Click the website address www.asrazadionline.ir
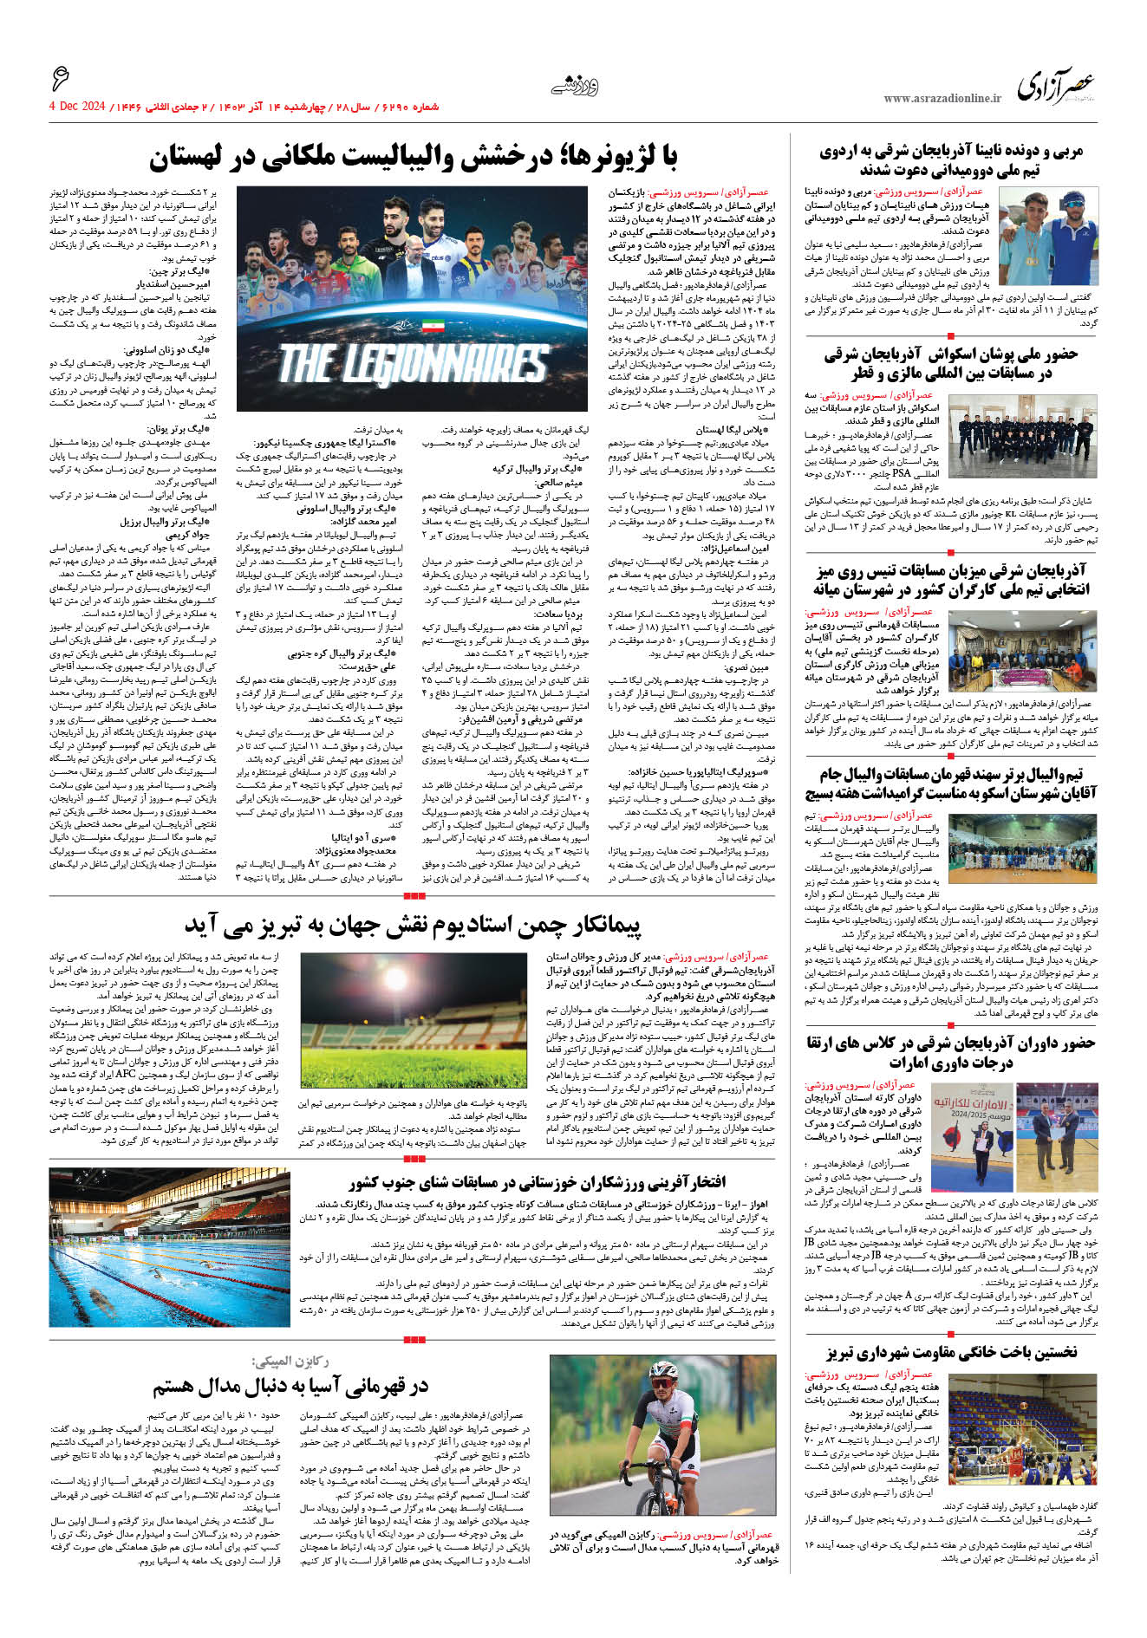tap(942, 99)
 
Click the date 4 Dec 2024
tap(77, 107)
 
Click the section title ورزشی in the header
tap(575, 86)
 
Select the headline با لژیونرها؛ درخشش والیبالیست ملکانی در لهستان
tap(414, 158)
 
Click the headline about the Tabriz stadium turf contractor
tap(413, 926)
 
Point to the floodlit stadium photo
tap(413, 1020)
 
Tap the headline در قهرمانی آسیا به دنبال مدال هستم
tap(290, 1387)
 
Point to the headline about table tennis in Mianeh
tap(951, 580)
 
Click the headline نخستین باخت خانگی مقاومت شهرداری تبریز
tap(951, 1352)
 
